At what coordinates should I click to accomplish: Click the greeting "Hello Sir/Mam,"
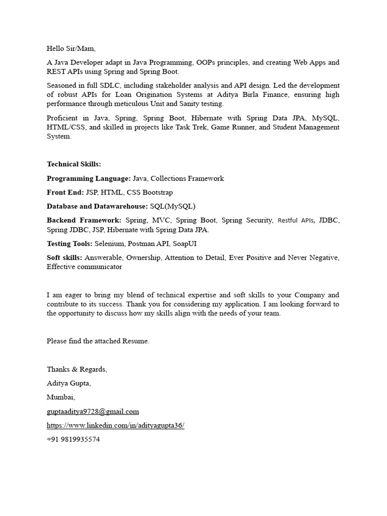coord(71,49)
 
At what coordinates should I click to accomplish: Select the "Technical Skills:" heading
coord(74,164)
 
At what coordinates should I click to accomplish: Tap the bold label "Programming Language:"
coord(89,178)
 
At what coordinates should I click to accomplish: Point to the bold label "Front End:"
coord(65,192)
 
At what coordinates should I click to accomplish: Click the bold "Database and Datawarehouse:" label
coord(97,207)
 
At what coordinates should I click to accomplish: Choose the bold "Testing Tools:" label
coord(70,244)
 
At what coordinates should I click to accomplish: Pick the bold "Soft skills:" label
coord(64,258)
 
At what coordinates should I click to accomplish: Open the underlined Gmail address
coord(93,412)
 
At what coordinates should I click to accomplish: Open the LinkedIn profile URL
coord(115,426)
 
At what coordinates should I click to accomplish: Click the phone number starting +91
coord(73,439)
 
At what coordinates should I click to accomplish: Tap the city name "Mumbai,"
coord(60,398)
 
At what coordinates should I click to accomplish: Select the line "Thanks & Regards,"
coord(77,369)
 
